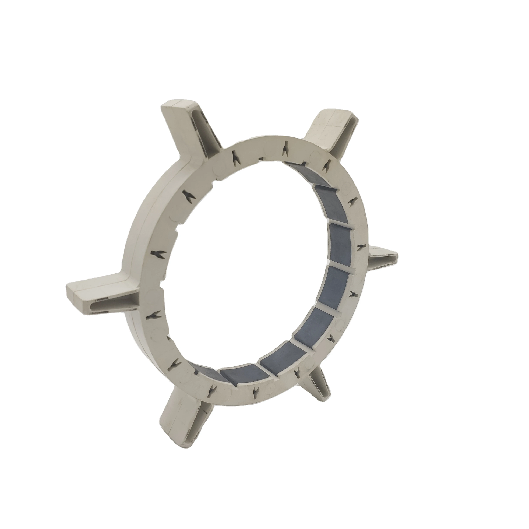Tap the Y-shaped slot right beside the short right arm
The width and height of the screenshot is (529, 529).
pyautogui.click(x=359, y=248)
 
